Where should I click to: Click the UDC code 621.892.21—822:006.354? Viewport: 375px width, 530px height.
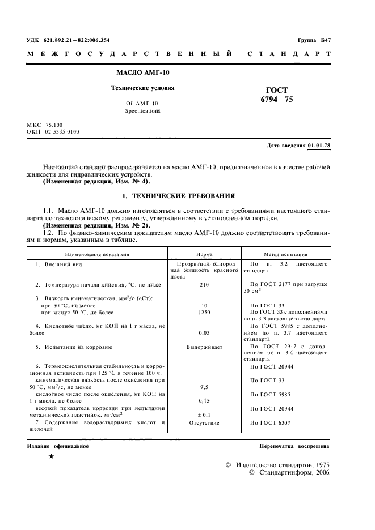[77, 40]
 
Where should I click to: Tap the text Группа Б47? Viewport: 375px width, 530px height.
[313, 40]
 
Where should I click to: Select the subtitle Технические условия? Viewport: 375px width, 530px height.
[142, 88]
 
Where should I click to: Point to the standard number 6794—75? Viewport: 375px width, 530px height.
[277, 100]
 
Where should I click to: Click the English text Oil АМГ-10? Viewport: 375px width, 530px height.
[142, 104]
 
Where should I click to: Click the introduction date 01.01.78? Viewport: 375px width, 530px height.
[319, 146]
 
